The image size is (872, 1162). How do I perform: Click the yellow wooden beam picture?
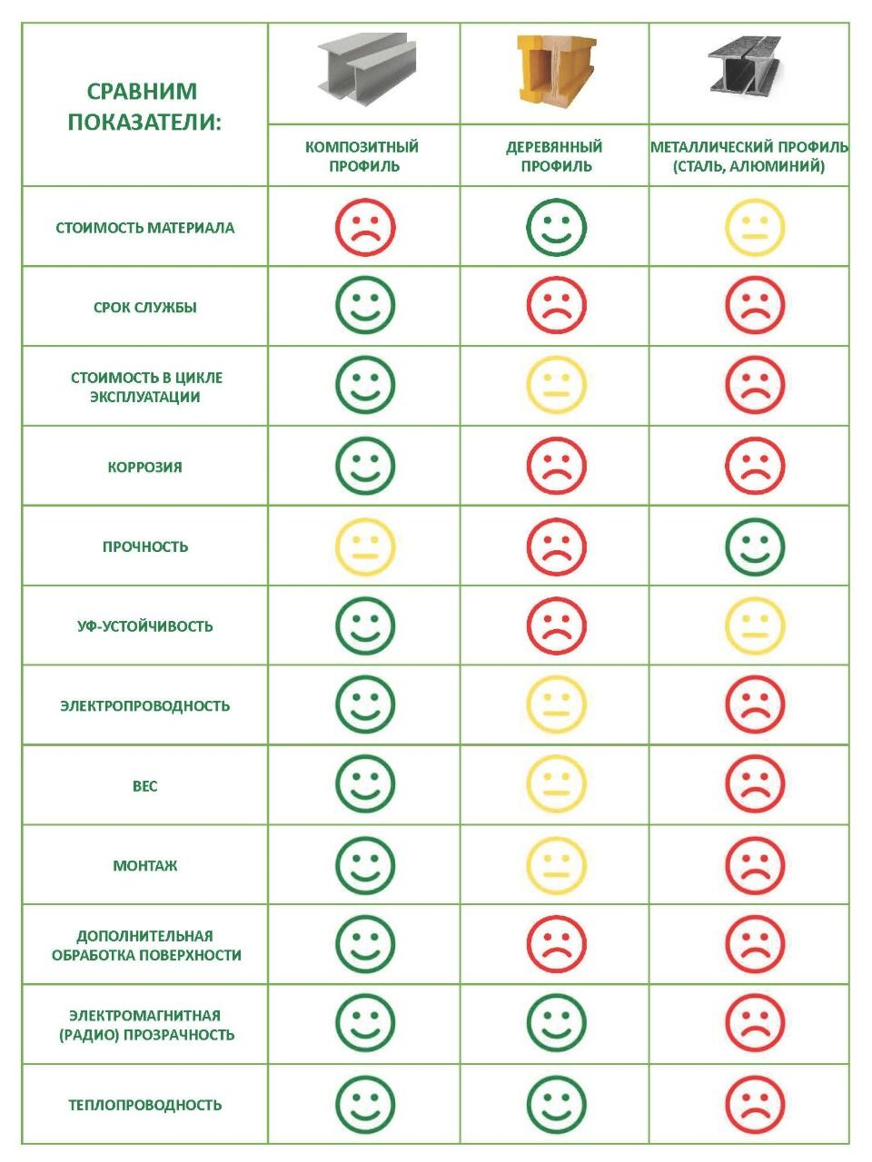pyautogui.click(x=556, y=69)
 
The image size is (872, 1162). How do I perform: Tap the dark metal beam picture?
pyautogui.click(x=745, y=65)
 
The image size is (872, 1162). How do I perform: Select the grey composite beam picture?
pyautogui.click(x=366, y=68)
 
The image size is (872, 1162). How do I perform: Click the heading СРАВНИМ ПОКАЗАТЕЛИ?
pyautogui.click(x=143, y=106)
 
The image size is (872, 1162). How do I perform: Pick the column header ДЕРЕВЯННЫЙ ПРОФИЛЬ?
pyautogui.click(x=555, y=156)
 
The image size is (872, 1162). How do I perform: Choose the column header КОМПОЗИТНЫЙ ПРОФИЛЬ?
pyautogui.click(x=362, y=156)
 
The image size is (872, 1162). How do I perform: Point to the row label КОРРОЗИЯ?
pyautogui.click(x=144, y=467)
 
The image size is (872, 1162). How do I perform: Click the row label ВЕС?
pyautogui.click(x=144, y=785)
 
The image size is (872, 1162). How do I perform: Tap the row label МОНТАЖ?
pyautogui.click(x=144, y=865)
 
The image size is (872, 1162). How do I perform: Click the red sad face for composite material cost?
pyautogui.click(x=365, y=227)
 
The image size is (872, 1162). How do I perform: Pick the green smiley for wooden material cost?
pyautogui.click(x=557, y=227)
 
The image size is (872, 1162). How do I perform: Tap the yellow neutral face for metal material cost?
pyautogui.click(x=755, y=227)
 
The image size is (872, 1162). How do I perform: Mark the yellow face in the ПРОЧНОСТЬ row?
pyautogui.click(x=365, y=547)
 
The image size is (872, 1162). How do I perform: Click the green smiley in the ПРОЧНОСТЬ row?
pyautogui.click(x=755, y=547)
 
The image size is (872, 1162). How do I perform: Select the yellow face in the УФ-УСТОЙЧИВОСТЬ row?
pyautogui.click(x=755, y=625)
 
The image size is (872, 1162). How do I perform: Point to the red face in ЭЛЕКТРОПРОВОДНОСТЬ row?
pyautogui.click(x=755, y=704)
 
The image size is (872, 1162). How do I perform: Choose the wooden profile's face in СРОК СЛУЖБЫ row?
pyautogui.click(x=557, y=305)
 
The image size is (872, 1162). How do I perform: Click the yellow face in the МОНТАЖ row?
pyautogui.click(x=557, y=865)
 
